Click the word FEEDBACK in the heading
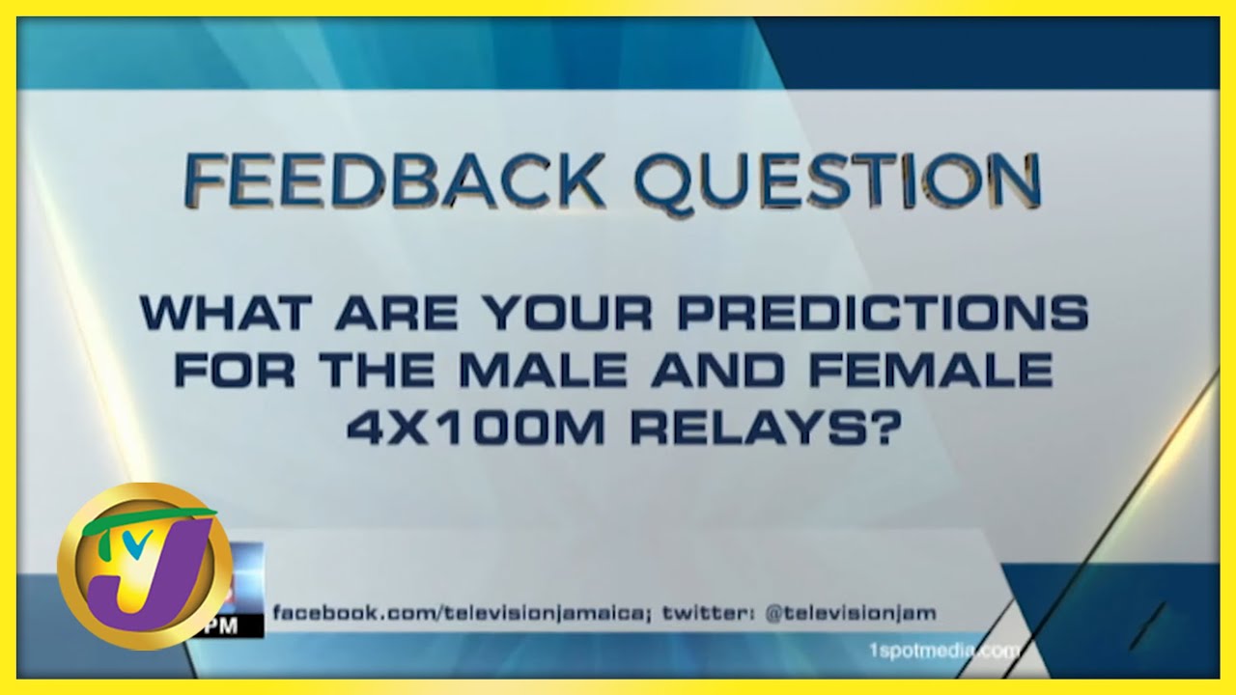pos(392,181)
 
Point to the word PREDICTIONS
pos(883,313)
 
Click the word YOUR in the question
pos(570,313)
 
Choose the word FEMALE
pos(931,370)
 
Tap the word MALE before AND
pos(543,370)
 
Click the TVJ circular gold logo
pos(145,566)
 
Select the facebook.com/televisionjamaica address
pos(462,613)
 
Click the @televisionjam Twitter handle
pos(851,613)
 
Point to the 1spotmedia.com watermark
pos(944,652)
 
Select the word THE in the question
pos(377,370)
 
